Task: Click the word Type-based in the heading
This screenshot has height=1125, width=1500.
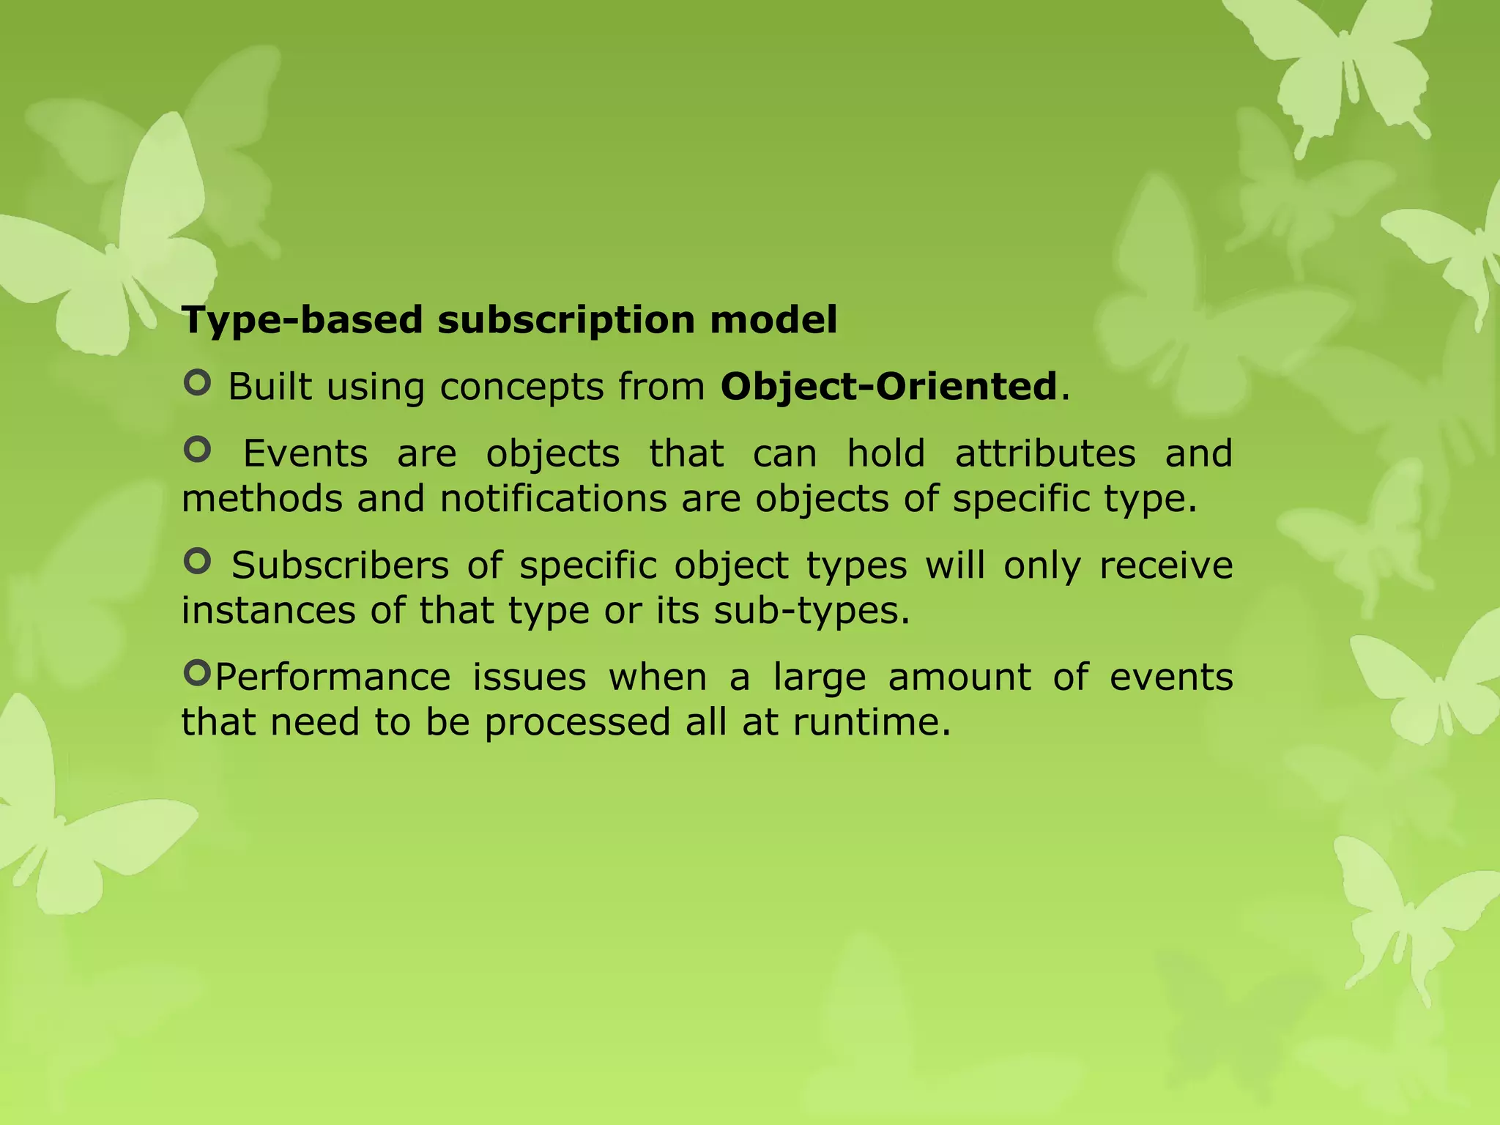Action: [302, 320]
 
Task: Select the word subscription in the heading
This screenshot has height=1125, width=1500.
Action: [565, 320]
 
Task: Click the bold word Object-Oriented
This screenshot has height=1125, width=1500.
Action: [889, 386]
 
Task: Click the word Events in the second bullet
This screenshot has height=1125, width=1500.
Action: [305, 453]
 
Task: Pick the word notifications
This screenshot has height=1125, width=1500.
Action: [554, 499]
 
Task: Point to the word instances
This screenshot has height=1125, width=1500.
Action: [268, 610]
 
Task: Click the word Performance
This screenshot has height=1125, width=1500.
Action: [333, 677]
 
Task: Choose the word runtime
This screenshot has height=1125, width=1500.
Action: [872, 722]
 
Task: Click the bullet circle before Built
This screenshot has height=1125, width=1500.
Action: [197, 382]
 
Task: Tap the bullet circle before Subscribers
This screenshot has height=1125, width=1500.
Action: [197, 561]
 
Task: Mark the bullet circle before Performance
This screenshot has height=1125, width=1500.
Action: [197, 672]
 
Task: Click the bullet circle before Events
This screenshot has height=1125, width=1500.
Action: [197, 449]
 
